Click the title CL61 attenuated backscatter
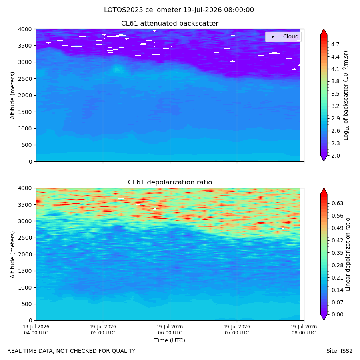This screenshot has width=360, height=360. (170, 24)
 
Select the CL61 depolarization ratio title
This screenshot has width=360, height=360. (170, 182)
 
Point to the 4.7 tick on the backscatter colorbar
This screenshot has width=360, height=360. (335, 44)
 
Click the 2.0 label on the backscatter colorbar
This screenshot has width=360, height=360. (335, 156)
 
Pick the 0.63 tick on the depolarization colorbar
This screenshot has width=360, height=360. (337, 203)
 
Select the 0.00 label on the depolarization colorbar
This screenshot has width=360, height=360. (337, 314)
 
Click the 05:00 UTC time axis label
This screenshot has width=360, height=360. (103, 330)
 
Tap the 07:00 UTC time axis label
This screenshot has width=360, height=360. (237, 330)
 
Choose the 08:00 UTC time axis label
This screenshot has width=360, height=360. (304, 330)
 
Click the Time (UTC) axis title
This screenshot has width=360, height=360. (170, 340)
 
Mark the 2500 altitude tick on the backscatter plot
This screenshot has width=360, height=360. (25, 79)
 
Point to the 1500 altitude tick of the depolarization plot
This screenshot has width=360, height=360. (25, 271)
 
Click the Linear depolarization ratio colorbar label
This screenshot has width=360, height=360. (348, 254)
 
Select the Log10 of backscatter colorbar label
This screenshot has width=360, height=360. (346, 96)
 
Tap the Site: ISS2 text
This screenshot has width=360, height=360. (339, 351)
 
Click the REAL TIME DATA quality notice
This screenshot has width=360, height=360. (72, 351)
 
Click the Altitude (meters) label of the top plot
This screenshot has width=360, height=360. (12, 96)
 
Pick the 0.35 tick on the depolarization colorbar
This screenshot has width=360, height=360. (337, 253)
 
